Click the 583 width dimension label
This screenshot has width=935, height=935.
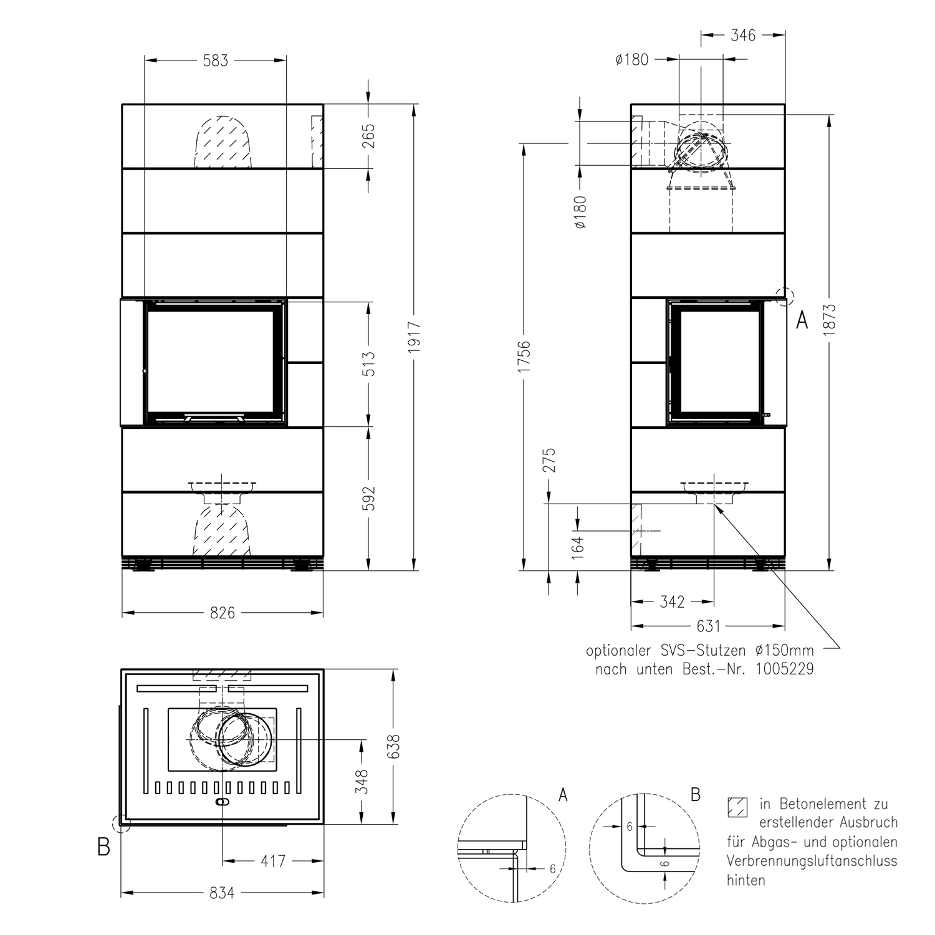215,60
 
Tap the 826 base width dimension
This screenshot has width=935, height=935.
223,613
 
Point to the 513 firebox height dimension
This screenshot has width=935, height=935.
369,364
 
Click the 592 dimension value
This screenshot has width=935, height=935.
369,498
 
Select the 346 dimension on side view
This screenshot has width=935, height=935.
743,36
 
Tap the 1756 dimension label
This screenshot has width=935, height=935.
524,357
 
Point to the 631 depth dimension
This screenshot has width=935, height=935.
708,625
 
